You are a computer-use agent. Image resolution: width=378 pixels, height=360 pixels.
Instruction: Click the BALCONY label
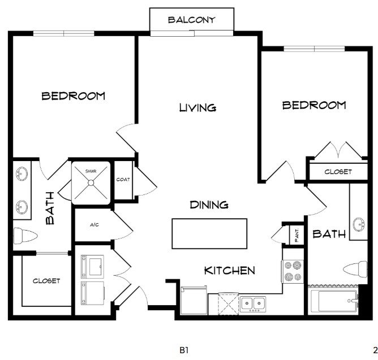tap(192, 20)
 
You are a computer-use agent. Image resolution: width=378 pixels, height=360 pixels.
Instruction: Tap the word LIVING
tap(197, 107)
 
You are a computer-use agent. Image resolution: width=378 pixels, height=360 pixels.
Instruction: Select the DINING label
tap(209, 205)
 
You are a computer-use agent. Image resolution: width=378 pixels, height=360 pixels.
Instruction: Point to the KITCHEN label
tap(230, 271)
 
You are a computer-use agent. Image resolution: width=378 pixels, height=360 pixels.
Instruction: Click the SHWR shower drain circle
tap(91, 183)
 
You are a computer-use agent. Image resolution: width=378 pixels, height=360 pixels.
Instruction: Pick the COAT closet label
tap(123, 179)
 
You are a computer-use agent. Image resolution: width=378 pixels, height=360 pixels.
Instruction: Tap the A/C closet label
tap(94, 225)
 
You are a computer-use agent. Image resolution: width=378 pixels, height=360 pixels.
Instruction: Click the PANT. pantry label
tap(297, 235)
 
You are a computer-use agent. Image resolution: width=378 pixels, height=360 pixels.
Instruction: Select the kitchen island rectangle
tap(209, 233)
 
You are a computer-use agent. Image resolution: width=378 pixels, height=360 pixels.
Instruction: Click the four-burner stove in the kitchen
tap(293, 271)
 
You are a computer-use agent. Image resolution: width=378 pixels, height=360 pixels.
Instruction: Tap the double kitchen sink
tap(252, 304)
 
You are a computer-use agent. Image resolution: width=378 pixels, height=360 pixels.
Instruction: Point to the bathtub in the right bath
tap(334, 301)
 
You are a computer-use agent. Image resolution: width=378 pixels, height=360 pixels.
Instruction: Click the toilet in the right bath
tap(355, 269)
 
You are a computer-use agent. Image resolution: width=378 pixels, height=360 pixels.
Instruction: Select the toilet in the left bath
tap(25, 236)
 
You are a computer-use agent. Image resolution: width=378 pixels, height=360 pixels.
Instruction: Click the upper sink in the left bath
tap(22, 174)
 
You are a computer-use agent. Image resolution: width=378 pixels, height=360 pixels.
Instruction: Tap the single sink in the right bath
tap(359, 225)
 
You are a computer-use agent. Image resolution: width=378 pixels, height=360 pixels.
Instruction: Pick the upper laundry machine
tap(93, 266)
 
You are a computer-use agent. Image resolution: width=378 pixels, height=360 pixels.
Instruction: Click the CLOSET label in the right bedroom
tap(338, 172)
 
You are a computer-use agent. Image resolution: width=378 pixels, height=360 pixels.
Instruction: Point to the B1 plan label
tap(184, 350)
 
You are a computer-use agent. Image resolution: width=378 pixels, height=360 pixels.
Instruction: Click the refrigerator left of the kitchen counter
tap(194, 300)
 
